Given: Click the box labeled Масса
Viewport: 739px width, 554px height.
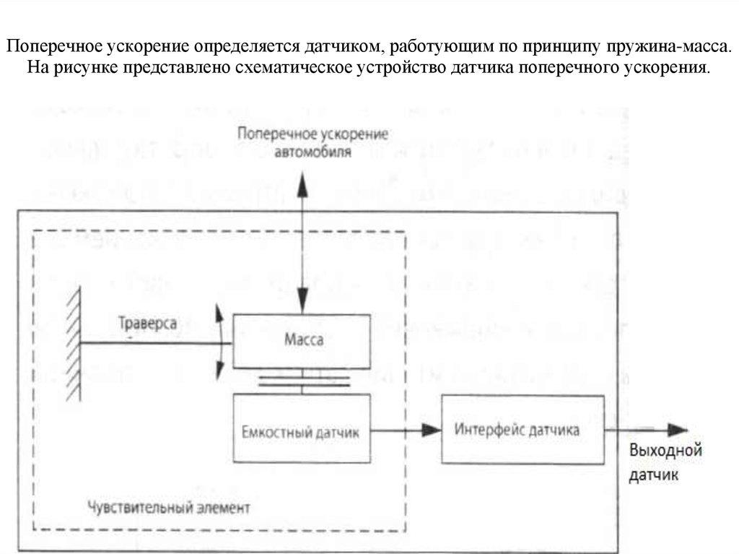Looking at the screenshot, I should tap(302, 339).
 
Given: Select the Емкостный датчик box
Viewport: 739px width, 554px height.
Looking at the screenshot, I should tap(302, 433).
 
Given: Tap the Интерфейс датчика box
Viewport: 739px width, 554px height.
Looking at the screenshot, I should tap(522, 430).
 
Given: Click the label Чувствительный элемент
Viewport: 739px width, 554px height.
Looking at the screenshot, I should tap(167, 506).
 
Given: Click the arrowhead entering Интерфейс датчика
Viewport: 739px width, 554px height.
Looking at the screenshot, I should tap(432, 430).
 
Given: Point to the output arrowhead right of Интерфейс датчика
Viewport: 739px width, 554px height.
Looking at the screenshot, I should tap(677, 430).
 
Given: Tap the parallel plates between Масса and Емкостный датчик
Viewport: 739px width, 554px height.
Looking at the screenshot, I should tap(302, 381).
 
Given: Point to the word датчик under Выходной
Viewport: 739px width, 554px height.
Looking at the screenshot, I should tap(653, 477).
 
